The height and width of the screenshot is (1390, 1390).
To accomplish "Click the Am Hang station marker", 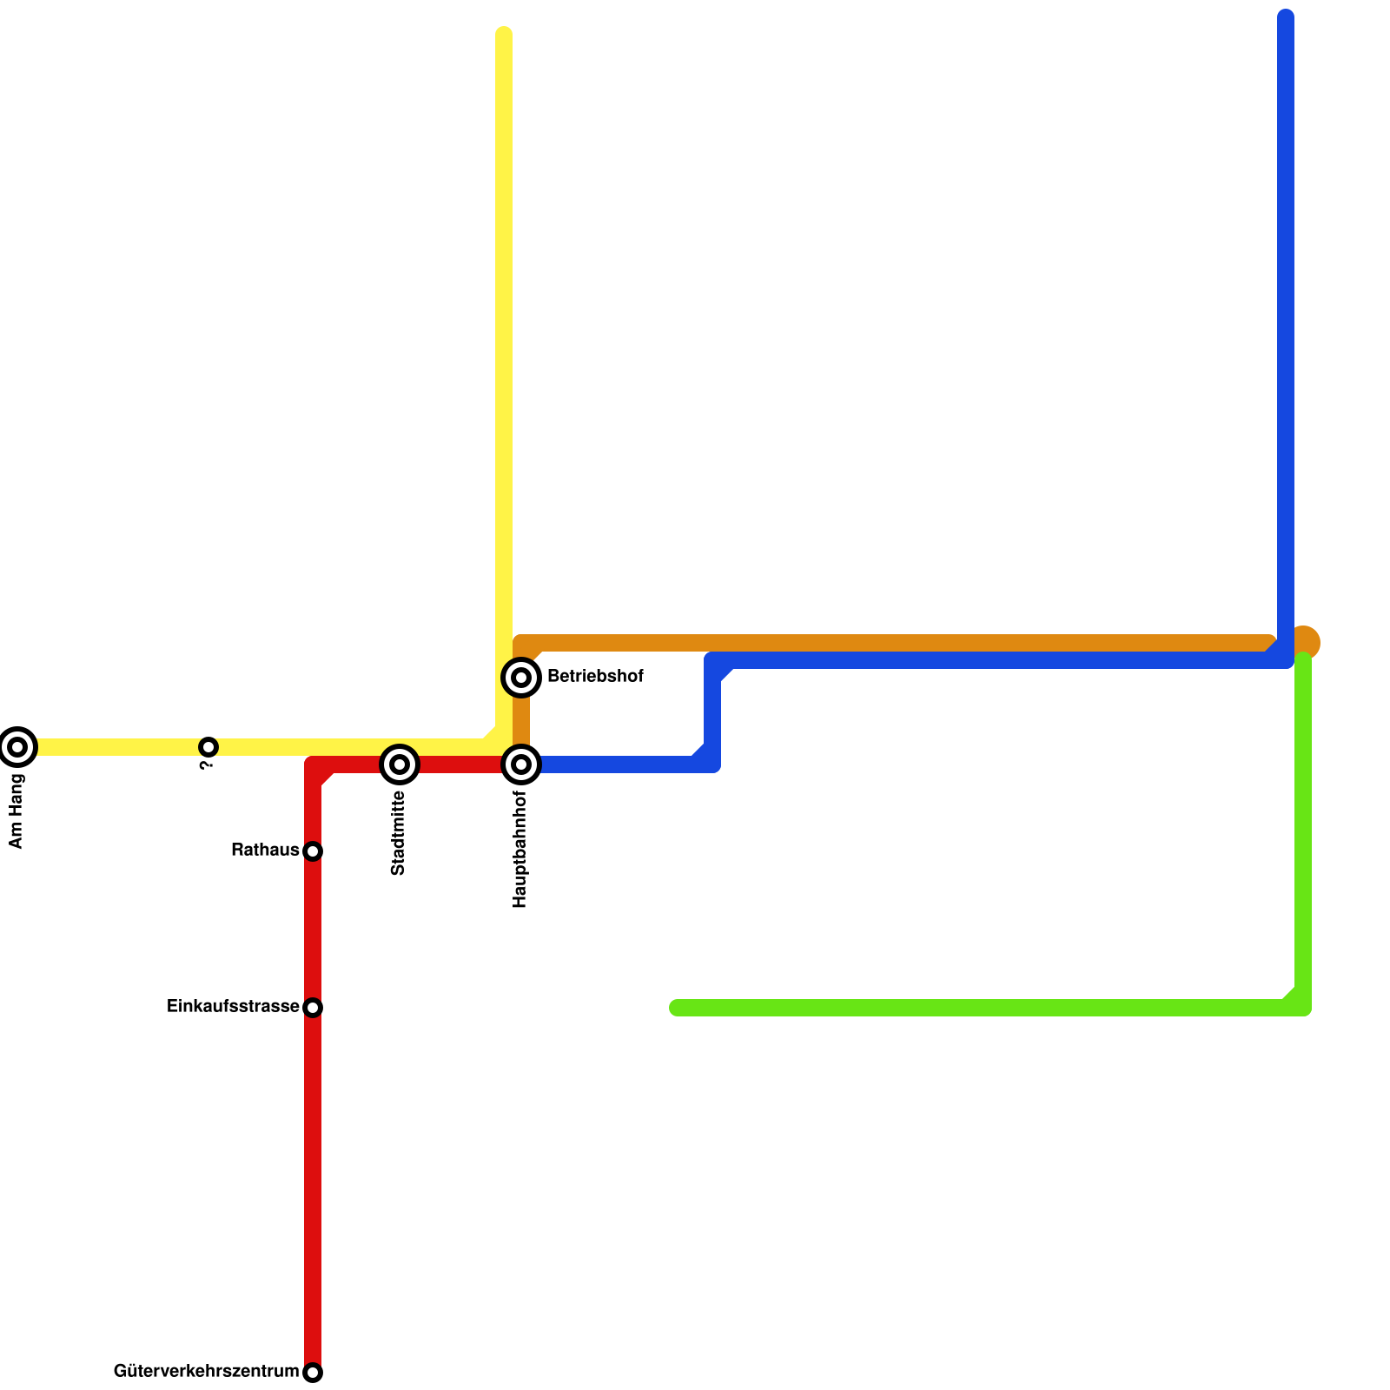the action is pos(17,746).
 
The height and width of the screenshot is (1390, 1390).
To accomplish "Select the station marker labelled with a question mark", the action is pos(208,746).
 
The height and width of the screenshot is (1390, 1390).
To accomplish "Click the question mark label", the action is pos(206,765).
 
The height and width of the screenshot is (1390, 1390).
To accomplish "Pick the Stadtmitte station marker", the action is pos(400,764).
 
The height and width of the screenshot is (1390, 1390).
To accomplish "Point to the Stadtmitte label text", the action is pos(399,833).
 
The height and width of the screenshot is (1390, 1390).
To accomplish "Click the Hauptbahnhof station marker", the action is pos(521,764).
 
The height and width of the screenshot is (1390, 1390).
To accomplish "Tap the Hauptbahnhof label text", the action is pos(520,849).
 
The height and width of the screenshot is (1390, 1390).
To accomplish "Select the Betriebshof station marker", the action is pos(521,677).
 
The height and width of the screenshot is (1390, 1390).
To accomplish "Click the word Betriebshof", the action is pos(595,676).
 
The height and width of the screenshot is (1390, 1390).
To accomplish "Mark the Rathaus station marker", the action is pos(313,851).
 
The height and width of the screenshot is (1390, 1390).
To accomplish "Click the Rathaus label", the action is pos(265,851).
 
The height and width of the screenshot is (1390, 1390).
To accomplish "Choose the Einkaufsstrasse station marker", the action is pos(313,1008).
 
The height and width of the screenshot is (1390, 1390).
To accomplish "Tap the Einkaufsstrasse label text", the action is pos(233,1007).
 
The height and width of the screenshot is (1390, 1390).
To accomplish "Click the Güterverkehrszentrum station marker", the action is pos(313,1373).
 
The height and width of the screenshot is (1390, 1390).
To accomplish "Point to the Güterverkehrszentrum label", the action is pos(206,1372).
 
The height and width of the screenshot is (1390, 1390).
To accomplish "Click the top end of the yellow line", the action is pos(504,36).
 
